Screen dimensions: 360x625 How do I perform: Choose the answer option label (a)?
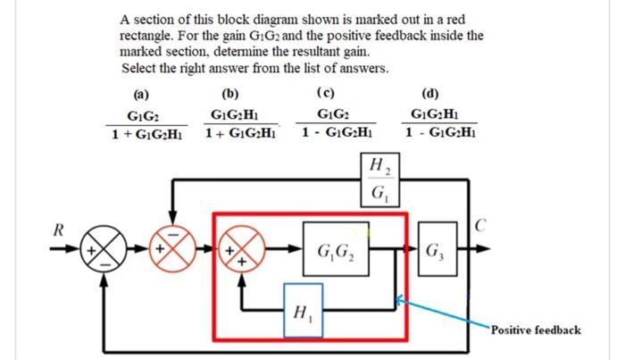(141, 92)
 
